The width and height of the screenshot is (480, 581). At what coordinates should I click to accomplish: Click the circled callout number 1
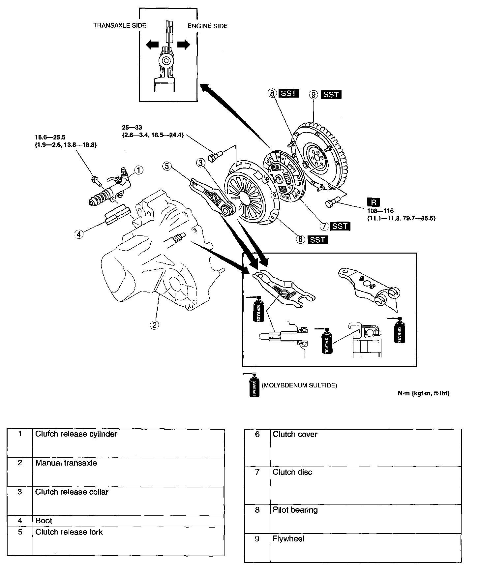(139, 170)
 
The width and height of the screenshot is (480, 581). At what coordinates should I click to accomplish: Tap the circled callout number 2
(154, 325)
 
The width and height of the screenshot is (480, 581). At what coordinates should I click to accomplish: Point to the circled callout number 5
(167, 166)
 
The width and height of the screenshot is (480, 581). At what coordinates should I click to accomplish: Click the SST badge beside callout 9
(331, 95)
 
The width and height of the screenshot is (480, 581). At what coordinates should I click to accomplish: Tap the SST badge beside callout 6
(318, 240)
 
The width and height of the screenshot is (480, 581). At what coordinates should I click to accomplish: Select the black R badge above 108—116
(374, 202)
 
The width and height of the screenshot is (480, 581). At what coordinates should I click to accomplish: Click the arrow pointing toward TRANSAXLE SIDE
(152, 45)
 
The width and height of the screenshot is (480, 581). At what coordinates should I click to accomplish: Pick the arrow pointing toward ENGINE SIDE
(184, 45)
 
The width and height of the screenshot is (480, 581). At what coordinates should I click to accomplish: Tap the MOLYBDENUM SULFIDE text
(299, 385)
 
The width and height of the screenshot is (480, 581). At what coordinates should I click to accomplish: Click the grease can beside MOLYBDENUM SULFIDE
(254, 385)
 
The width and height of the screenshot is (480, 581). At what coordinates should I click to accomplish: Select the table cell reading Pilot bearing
(295, 510)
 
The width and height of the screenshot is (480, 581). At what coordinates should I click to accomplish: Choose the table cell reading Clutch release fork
(69, 532)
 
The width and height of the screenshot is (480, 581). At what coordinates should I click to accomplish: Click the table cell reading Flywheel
(288, 539)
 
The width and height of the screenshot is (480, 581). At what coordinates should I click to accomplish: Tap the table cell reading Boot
(44, 521)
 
